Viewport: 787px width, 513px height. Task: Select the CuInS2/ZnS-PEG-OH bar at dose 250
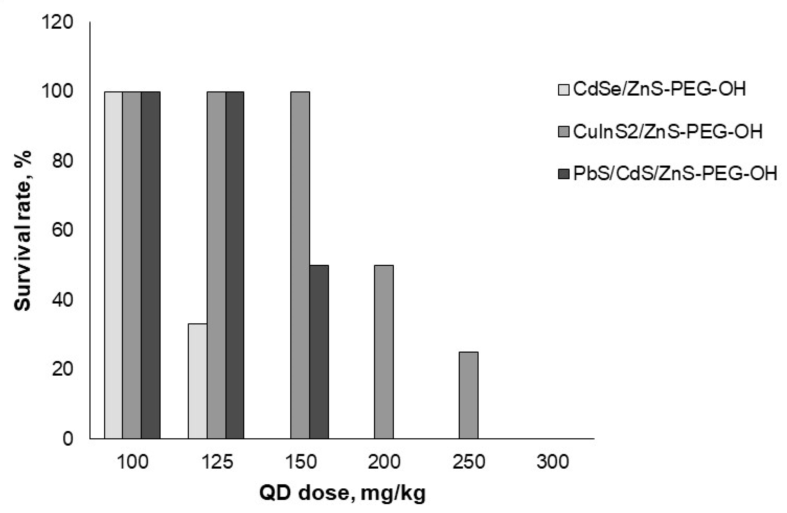(x=468, y=395)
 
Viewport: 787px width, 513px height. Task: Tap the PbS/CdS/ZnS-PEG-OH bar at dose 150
(x=319, y=352)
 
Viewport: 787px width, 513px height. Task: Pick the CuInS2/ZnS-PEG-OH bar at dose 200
(x=384, y=352)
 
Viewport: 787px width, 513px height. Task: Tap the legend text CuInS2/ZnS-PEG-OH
(x=667, y=132)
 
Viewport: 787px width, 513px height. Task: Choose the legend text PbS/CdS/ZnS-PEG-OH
(x=675, y=173)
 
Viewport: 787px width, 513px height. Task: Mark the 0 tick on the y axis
(x=68, y=439)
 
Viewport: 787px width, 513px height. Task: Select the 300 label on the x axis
(x=552, y=462)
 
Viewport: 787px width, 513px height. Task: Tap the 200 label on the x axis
(x=384, y=462)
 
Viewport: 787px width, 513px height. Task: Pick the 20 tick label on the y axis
(x=62, y=369)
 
